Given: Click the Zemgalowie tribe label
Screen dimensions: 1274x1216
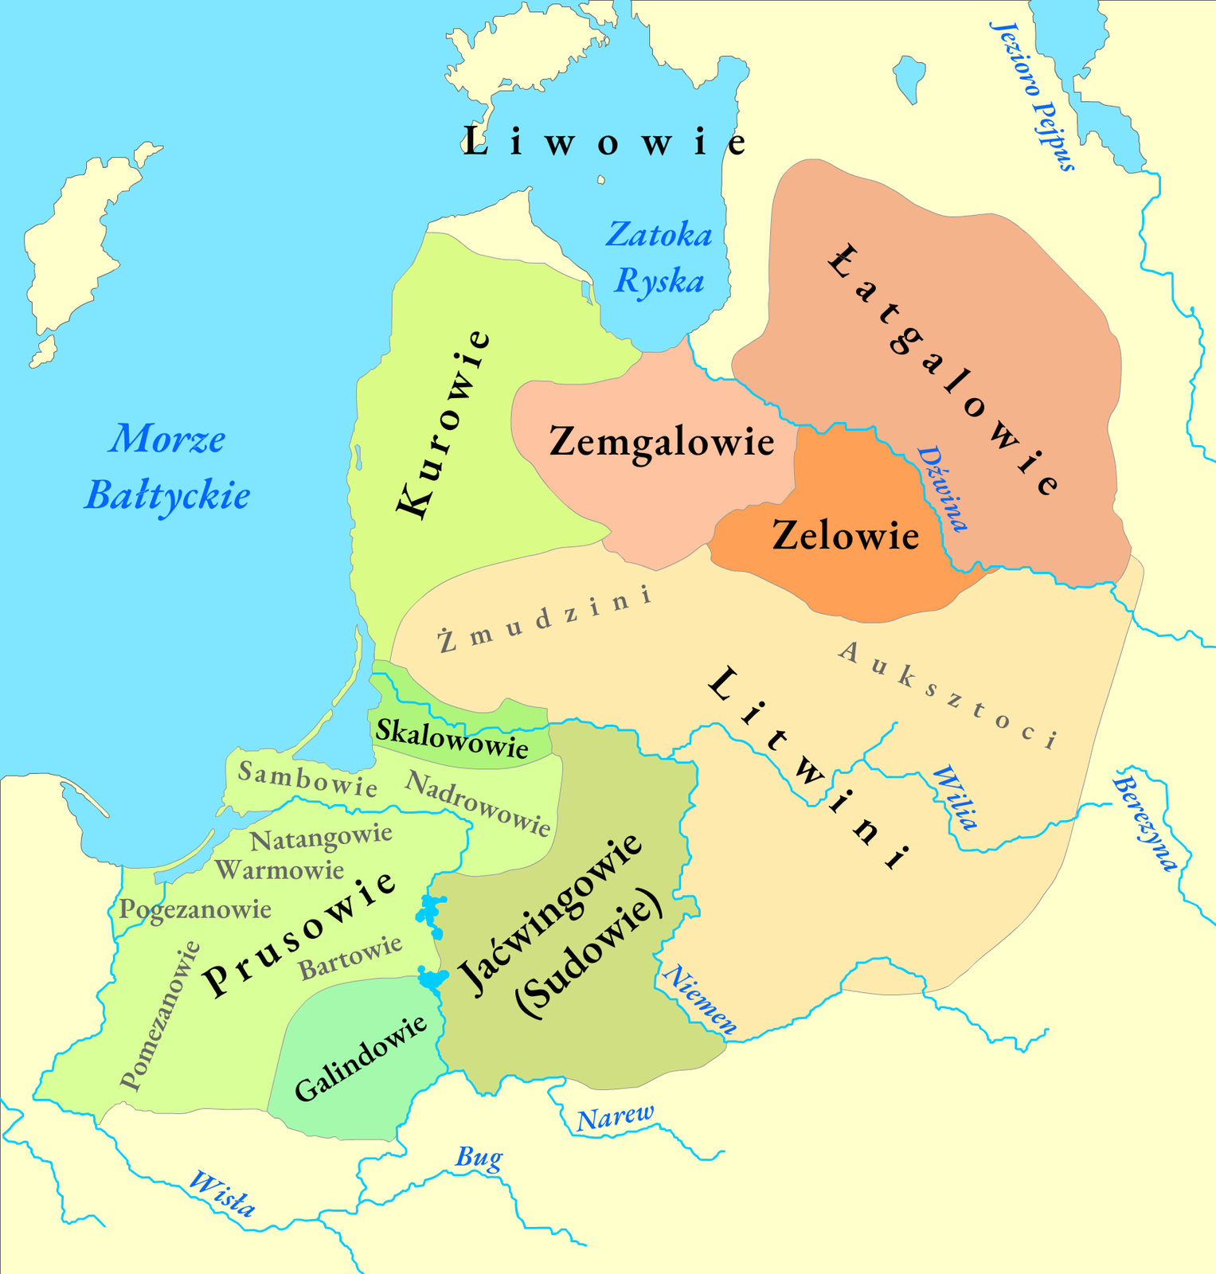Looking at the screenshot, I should (662, 442).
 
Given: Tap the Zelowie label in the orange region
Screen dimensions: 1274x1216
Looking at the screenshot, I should (846, 535).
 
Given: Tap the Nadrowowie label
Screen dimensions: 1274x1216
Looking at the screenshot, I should (478, 803).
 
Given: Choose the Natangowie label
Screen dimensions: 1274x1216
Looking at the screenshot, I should (321, 837).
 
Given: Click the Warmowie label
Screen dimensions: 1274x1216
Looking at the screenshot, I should (280, 870).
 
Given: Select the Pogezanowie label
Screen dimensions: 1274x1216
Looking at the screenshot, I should (195, 909).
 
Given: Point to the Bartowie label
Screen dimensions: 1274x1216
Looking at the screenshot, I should (350, 958).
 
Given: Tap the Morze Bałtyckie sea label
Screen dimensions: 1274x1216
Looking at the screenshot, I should (167, 467).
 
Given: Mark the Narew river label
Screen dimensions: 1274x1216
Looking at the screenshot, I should (615, 1118).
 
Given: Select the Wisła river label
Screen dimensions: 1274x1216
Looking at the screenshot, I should (222, 1194).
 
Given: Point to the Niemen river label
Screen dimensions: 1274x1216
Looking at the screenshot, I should (700, 999).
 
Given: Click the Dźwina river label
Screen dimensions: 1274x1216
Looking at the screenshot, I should (943, 488).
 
